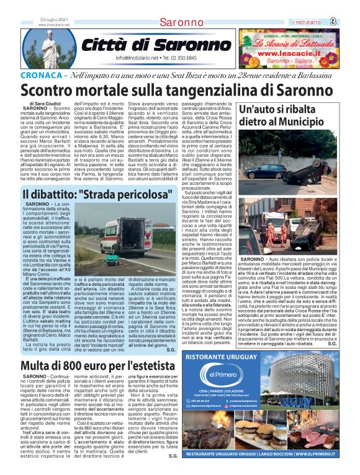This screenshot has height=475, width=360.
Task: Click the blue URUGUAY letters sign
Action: pos(313,422)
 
